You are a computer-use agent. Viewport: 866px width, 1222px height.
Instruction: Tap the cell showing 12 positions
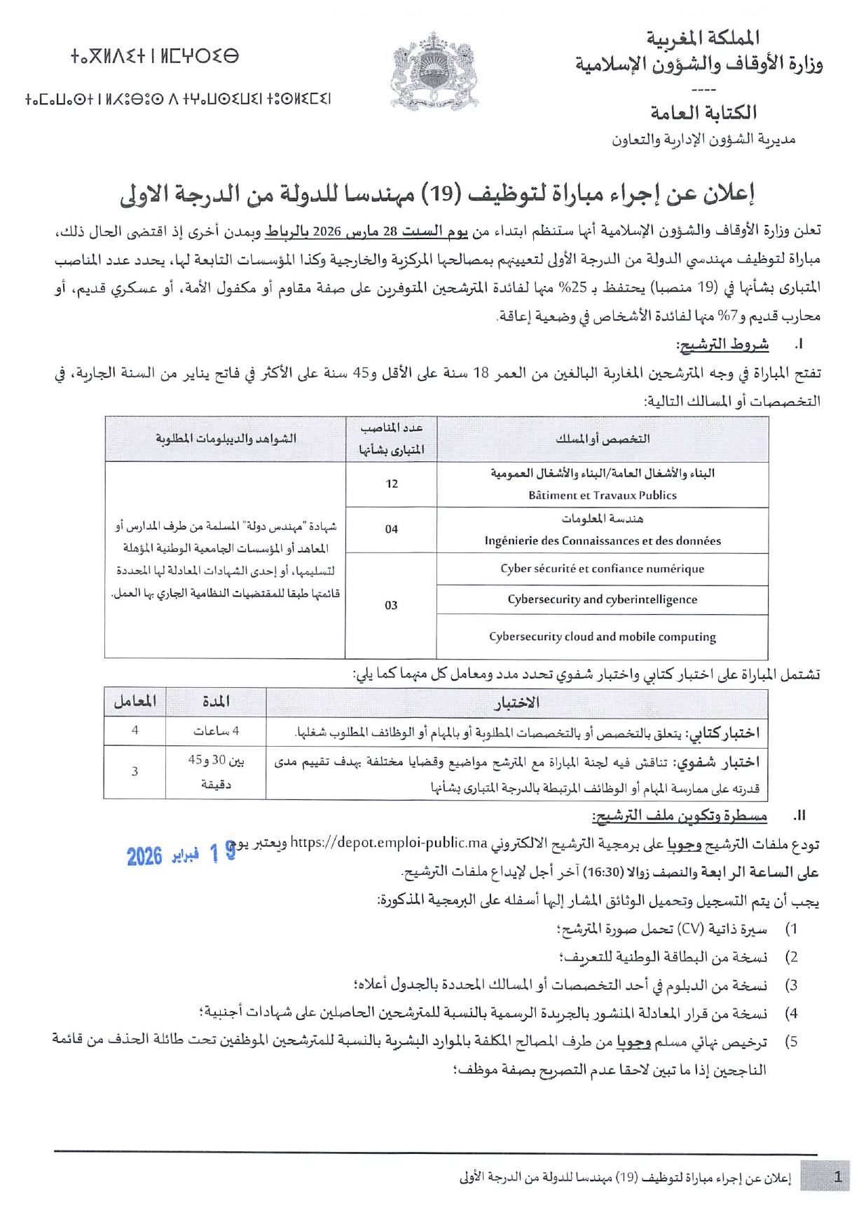tap(391, 484)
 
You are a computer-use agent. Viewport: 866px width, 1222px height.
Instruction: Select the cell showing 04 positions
tap(391, 529)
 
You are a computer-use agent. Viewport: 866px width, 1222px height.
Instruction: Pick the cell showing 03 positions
tap(391, 605)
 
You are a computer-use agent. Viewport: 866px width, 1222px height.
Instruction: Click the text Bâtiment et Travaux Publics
tap(602, 495)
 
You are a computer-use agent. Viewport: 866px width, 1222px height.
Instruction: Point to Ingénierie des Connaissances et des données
tap(602, 541)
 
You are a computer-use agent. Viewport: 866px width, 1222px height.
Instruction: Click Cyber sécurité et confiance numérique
tap(602, 569)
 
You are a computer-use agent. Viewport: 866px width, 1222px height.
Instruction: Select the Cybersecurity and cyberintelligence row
tap(602, 599)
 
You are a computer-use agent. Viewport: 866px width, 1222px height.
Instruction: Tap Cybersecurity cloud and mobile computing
tap(602, 637)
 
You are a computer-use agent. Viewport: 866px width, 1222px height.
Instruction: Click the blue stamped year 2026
tap(144, 856)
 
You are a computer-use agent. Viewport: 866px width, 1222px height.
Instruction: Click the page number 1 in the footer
tap(837, 1177)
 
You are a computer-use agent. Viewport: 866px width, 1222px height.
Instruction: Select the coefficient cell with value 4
tap(135, 731)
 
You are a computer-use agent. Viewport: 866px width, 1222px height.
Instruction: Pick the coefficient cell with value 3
tap(135, 771)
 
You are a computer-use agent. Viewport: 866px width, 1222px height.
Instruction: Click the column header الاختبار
tap(517, 702)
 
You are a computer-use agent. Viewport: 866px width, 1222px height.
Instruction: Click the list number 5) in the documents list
tap(791, 1042)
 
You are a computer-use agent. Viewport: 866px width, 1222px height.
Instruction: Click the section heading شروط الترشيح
tap(722, 344)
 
